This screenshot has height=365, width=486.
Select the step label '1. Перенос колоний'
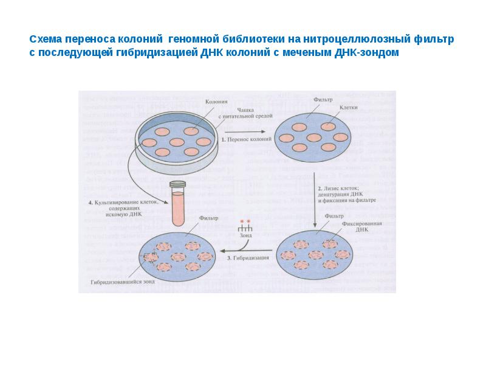tap(245, 139)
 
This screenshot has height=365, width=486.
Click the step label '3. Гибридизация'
tap(248, 259)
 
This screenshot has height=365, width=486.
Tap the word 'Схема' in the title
tap(47, 39)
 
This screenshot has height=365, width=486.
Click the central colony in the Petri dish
tap(176, 142)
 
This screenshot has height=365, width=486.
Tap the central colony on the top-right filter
tap(313, 136)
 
